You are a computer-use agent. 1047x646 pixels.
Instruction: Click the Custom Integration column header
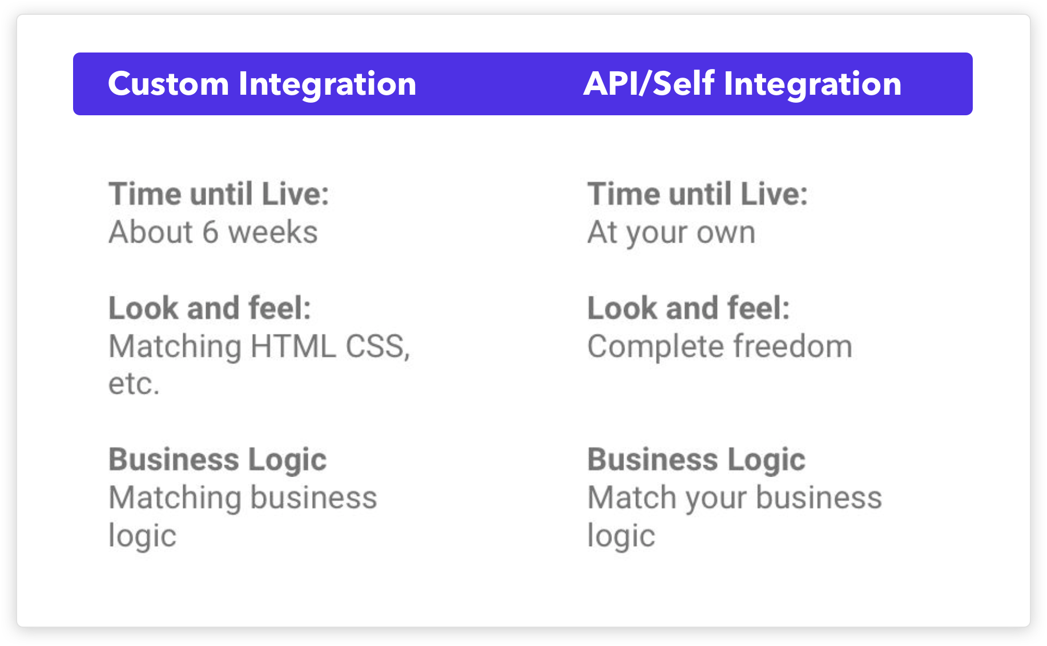pyautogui.click(x=262, y=84)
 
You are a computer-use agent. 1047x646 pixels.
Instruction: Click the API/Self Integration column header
pyautogui.click(x=742, y=84)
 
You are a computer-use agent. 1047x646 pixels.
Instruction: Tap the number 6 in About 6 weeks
pyautogui.click(x=210, y=232)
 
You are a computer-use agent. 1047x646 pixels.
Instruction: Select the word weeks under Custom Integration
pyautogui.click(x=273, y=232)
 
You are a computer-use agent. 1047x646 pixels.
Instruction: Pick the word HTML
pyautogui.click(x=293, y=346)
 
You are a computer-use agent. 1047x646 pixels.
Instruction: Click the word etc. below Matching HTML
pyautogui.click(x=134, y=383)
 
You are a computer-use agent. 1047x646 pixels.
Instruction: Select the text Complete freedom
pyautogui.click(x=720, y=347)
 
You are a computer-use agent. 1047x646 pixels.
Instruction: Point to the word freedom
pyautogui.click(x=793, y=346)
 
